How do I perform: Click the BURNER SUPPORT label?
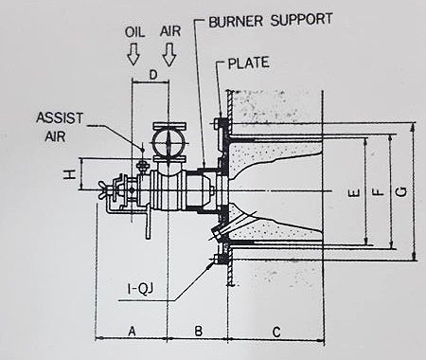click(271, 20)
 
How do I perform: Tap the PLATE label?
click(249, 63)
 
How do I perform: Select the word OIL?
click(135, 32)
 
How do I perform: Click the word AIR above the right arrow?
click(170, 31)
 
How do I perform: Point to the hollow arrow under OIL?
click(133, 54)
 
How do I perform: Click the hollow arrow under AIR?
click(169, 55)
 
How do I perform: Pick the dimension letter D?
click(152, 76)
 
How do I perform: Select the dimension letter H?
click(70, 174)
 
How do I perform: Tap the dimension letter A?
click(132, 332)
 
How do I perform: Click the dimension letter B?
click(198, 332)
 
